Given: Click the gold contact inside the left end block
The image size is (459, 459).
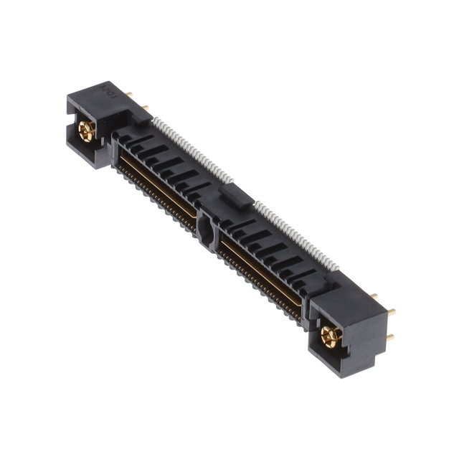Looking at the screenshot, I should [87, 131].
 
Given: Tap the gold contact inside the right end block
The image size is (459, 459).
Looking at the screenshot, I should [330, 336].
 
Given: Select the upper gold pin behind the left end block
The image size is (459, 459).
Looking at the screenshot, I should [129, 93].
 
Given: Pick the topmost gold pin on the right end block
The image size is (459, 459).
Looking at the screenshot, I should [374, 295].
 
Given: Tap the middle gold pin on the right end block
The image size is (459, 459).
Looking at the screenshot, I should [391, 312].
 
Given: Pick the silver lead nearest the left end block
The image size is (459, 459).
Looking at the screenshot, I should [155, 123].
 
